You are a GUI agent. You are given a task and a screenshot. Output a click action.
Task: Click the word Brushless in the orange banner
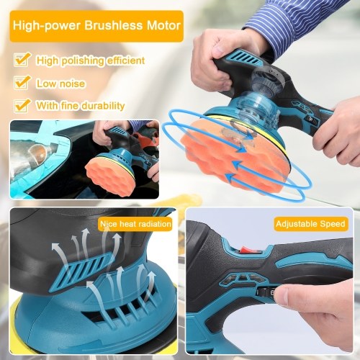[114, 26]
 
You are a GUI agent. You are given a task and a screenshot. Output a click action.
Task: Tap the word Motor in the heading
[164, 26]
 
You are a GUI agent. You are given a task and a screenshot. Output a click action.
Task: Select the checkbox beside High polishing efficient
[22, 59]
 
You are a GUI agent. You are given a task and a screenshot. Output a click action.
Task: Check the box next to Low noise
[22, 82]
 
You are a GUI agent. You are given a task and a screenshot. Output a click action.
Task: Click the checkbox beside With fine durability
[22, 106]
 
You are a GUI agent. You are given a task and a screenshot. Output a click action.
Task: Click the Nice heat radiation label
[135, 224]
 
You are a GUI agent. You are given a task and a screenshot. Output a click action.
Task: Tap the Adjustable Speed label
[310, 224]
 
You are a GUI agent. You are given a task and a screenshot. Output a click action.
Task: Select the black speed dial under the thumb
[266, 293]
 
